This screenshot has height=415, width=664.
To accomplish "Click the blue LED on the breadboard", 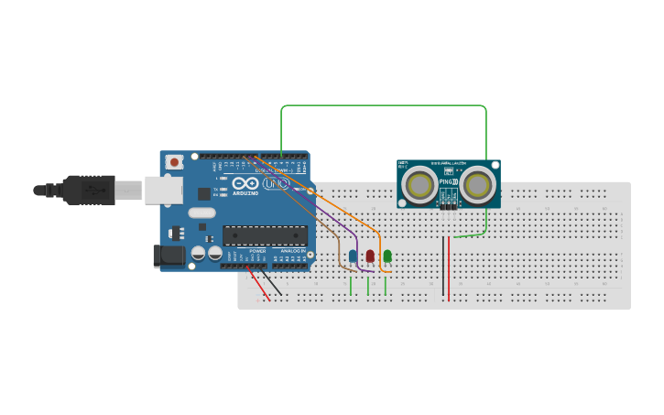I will pos(353,256).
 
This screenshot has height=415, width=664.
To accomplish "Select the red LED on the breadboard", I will pos(370,256).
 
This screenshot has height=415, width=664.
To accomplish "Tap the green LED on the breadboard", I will pos(387,256).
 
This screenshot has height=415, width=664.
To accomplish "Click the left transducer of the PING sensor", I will pos(420,186).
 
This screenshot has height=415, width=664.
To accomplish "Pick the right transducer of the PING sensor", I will pos(476,186).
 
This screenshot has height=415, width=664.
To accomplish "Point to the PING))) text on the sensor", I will pos(448,182).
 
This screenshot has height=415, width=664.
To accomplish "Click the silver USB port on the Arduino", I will pos(164,191).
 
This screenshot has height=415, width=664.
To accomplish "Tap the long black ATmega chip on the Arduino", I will pos(265,235).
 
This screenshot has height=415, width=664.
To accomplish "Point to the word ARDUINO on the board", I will pos(245,193).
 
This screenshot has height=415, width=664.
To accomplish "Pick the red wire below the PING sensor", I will pos(449,270).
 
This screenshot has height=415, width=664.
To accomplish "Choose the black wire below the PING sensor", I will pos(443,270).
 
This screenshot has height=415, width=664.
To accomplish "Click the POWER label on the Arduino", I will pos(257,250).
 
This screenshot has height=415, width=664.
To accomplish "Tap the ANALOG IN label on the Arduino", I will pos(293,250).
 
